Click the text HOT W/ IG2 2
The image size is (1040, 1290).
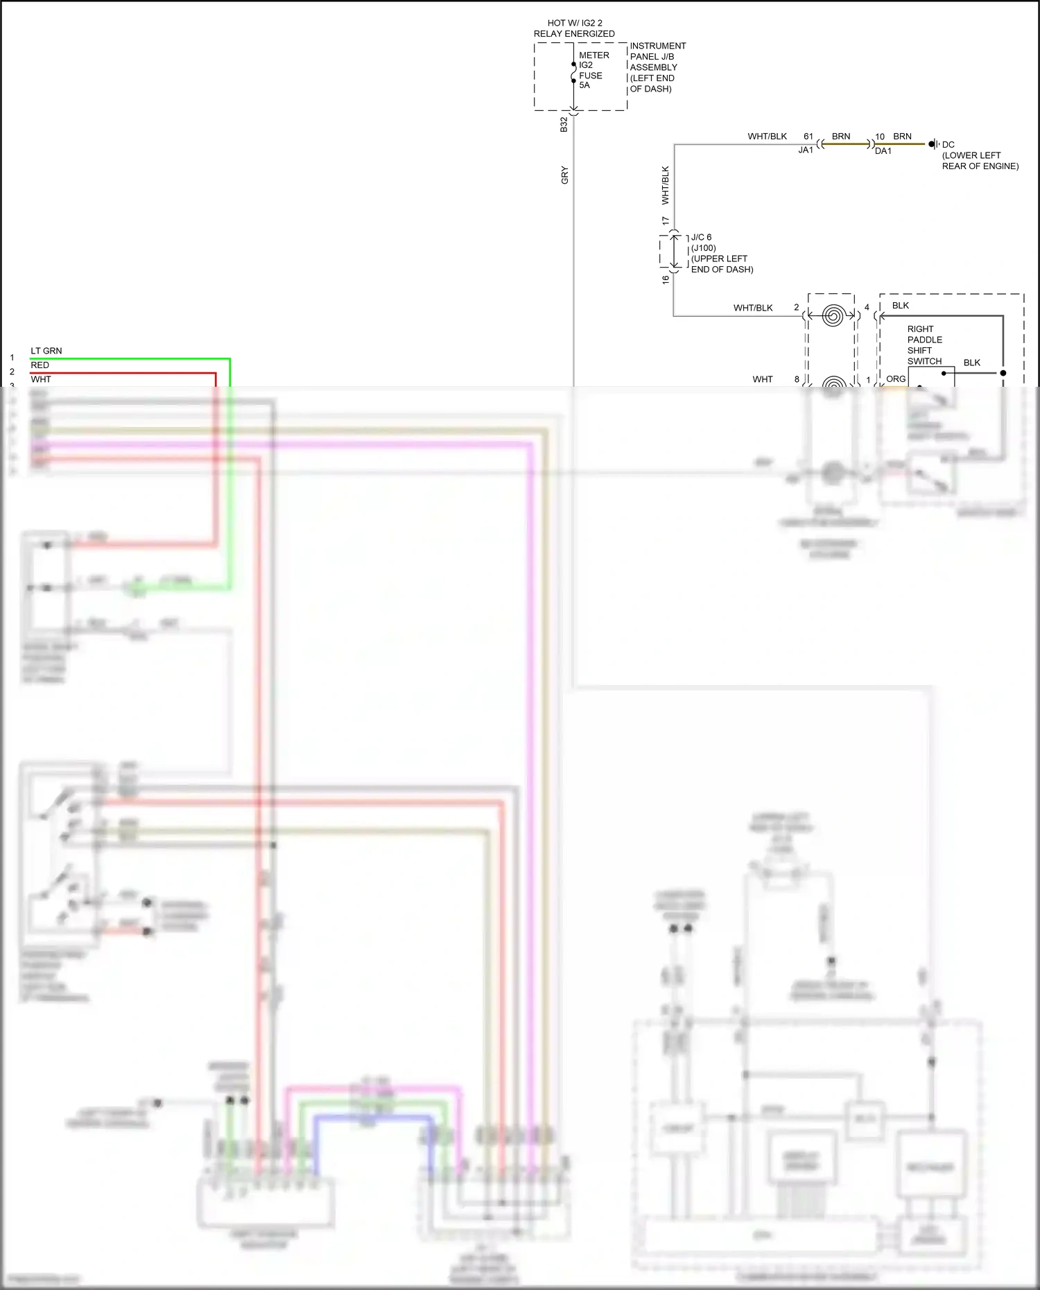click(575, 23)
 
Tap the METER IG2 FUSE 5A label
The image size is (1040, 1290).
click(593, 70)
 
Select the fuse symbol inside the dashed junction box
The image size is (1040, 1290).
click(573, 73)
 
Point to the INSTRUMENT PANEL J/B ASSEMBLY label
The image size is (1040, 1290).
click(657, 67)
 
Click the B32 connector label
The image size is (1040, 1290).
click(564, 125)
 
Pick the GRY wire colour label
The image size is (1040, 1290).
click(564, 175)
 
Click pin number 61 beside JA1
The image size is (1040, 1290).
click(808, 137)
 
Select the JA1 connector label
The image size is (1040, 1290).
click(805, 150)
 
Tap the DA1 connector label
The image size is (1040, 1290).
click(883, 151)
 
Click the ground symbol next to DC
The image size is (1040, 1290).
click(933, 144)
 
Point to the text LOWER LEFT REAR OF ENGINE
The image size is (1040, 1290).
click(979, 161)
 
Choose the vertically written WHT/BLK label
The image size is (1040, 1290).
click(665, 185)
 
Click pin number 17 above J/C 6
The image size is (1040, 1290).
click(665, 221)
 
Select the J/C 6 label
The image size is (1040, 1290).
click(701, 237)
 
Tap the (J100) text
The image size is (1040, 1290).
click(703, 248)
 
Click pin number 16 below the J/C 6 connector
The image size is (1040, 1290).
click(665, 279)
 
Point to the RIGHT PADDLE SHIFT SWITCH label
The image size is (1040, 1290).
click(924, 345)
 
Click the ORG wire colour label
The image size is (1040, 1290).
click(895, 379)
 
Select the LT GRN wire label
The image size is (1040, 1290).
click(46, 351)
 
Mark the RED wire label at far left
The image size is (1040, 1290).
click(40, 365)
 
